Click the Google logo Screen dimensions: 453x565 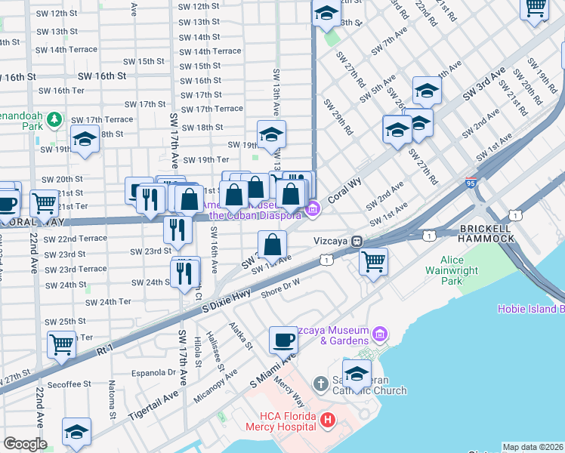[x=25, y=444]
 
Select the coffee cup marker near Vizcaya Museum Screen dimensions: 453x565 [x=284, y=340]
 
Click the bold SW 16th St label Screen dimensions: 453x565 [x=101, y=76]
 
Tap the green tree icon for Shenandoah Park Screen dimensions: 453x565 [x=54, y=119]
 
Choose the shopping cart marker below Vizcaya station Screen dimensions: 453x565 [x=374, y=262]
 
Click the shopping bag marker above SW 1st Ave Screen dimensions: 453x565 [x=273, y=244]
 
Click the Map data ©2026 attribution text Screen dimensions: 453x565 [x=533, y=447]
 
